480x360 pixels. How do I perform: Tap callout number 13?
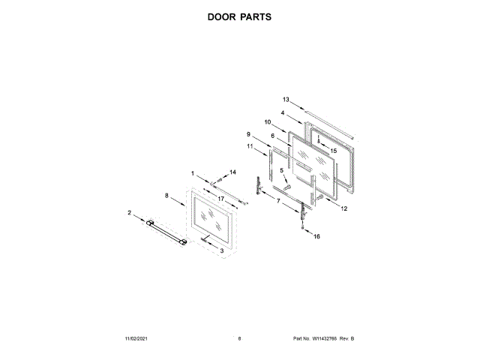tap(286, 99)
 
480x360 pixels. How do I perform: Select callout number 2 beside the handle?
tap(129, 213)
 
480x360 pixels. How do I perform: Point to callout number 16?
tap(316, 236)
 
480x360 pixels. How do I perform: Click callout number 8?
tap(166, 196)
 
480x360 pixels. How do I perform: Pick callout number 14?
tap(232, 172)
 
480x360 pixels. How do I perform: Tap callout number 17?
tap(222, 198)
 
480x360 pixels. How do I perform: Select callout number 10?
tap(267, 121)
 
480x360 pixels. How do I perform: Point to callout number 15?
tap(334, 151)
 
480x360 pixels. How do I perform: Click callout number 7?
tap(279, 202)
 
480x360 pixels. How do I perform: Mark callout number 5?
tap(283, 171)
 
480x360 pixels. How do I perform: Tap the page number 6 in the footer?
tap(239, 340)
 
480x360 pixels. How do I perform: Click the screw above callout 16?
tap(303, 227)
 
